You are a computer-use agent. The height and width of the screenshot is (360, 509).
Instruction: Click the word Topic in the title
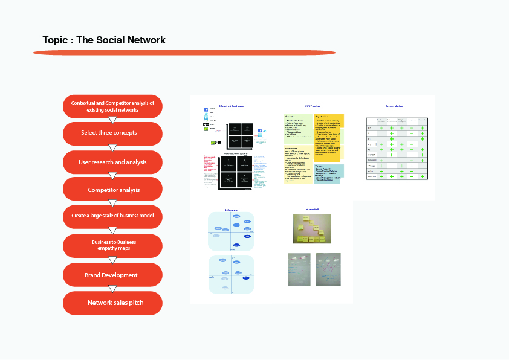tap(56, 40)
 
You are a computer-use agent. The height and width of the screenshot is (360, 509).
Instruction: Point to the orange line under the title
tap(184, 53)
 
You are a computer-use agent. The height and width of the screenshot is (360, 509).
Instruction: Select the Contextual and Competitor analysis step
tap(112, 106)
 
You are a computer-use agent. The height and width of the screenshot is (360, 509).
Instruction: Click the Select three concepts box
tap(112, 133)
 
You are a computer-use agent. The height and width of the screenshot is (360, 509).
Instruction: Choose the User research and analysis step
tap(112, 162)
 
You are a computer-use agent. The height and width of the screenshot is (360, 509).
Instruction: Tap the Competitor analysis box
tap(112, 190)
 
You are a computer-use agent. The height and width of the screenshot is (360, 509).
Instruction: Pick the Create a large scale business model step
tap(112, 216)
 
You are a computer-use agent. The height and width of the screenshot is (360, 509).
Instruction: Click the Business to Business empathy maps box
tap(112, 245)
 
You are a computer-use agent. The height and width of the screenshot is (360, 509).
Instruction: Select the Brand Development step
tap(112, 275)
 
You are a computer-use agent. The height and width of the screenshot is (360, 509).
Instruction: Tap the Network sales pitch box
tap(112, 303)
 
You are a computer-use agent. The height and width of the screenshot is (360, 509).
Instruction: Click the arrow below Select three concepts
tap(112, 147)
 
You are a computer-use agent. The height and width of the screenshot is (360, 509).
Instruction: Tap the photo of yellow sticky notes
tap(312, 229)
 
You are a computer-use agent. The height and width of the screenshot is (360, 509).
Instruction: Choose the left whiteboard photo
tap(299, 269)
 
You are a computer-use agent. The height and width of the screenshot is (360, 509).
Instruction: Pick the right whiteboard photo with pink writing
tap(328, 269)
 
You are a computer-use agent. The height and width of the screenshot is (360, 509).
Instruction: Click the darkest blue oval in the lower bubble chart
tap(246, 278)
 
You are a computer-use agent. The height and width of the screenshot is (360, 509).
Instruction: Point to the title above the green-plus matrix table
tap(394, 106)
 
